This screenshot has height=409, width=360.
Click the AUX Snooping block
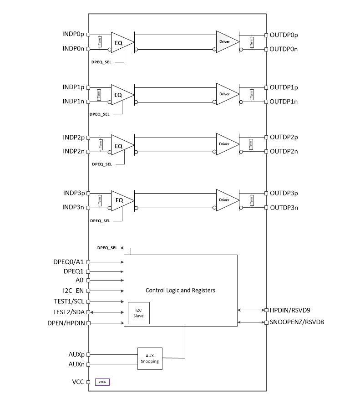tap(150, 358)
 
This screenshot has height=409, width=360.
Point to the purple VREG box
tap(102, 382)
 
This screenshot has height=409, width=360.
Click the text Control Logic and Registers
tap(180, 290)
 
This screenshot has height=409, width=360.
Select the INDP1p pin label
tap(73, 87)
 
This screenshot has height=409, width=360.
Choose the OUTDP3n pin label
tap(284, 208)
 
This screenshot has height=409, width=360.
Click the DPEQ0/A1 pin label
tap(69, 262)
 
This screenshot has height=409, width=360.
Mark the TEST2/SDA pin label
tap(69, 312)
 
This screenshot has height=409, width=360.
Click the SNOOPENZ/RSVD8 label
tap(296, 322)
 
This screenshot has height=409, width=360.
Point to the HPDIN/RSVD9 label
tap(290, 310)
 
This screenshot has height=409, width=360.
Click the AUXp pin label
tap(75, 354)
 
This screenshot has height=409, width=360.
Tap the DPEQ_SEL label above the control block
tap(107, 248)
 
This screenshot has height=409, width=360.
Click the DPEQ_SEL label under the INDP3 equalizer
tap(100, 220)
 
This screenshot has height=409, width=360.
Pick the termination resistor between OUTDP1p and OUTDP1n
tap(251, 94)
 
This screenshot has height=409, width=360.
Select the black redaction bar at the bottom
tap(260, 398)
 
